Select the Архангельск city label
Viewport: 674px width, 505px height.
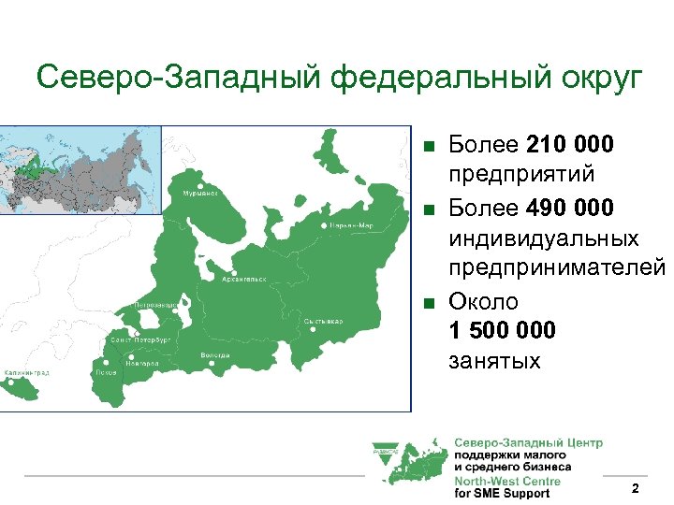[244, 278]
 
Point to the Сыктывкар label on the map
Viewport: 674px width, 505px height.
[323, 321]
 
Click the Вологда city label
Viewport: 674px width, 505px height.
[215, 355]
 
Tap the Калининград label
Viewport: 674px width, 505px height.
[28, 371]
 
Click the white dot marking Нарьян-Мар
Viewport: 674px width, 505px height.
[325, 225]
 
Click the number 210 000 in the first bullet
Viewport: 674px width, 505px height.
[570, 145]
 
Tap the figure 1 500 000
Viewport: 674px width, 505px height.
[502, 330]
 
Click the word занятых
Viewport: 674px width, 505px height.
[495, 360]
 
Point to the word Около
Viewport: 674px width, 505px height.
[484, 300]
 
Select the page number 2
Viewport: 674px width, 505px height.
[636, 489]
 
